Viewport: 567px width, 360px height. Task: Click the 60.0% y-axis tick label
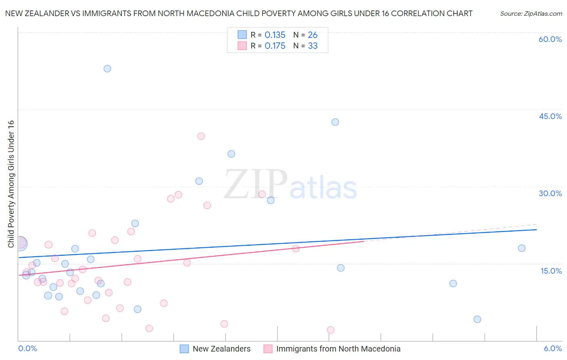[x=550, y=39]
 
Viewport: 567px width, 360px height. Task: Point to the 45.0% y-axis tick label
[x=550, y=116]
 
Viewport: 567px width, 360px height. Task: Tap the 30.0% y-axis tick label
[x=550, y=193]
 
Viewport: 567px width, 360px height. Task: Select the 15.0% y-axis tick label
[x=551, y=271]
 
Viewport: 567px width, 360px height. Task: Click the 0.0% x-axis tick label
[x=27, y=348]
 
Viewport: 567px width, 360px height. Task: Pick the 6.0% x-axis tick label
[x=552, y=348]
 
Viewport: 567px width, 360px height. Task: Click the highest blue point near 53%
[x=107, y=69]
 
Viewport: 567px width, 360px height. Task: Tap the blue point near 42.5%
[x=335, y=122]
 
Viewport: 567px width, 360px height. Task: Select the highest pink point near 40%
[x=201, y=136]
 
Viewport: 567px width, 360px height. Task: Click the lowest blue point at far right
[x=477, y=319]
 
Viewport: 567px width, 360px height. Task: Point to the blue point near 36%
[x=231, y=154]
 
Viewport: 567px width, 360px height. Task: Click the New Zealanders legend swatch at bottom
[x=184, y=349]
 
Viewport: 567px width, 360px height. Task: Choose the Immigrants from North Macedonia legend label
[x=338, y=349]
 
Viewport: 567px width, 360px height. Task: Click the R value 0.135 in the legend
[x=275, y=35]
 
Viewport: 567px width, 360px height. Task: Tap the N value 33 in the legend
[x=313, y=46]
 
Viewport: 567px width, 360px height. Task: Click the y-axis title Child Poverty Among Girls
[x=11, y=184]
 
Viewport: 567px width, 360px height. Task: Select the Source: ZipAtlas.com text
[x=531, y=14]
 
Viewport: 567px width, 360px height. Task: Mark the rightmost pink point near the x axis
[x=331, y=330]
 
